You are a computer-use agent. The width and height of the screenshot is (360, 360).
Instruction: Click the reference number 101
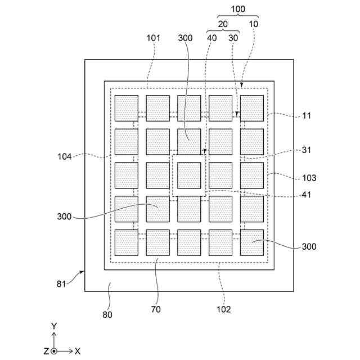tap(153, 38)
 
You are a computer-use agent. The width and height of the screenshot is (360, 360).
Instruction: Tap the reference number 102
tap(223, 309)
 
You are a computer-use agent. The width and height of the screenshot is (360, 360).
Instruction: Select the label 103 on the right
tap(309, 178)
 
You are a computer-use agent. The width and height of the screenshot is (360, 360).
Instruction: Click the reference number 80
tap(107, 314)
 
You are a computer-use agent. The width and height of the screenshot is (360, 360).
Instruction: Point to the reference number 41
tap(307, 196)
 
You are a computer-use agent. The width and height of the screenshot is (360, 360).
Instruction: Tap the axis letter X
tap(78, 351)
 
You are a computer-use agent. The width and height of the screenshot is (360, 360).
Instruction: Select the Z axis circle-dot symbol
tap(53, 351)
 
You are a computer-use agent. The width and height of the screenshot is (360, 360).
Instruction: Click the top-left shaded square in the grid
tap(126, 108)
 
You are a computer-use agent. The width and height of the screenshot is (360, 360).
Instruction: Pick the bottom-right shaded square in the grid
tap(252, 242)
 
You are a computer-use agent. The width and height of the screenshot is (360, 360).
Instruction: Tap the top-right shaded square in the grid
tap(252, 108)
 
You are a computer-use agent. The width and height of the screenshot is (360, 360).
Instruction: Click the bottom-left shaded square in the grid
tap(126, 242)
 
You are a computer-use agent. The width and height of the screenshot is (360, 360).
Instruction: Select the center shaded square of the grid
tap(189, 175)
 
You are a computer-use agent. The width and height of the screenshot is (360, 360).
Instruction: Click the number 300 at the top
tap(184, 38)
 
